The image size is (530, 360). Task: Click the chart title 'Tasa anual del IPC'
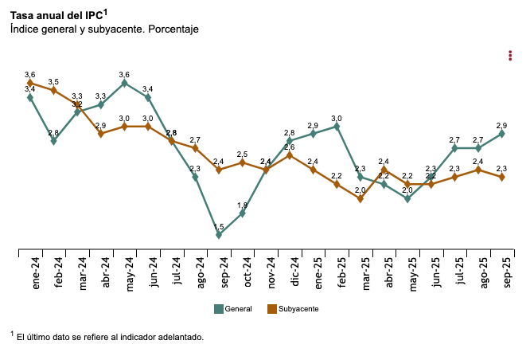pyautogui.click(x=57, y=14)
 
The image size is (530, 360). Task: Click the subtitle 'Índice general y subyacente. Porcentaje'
pyautogui.click(x=104, y=29)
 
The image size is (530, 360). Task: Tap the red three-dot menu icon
pyautogui.click(x=509, y=55)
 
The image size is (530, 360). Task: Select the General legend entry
pyautogui.click(x=233, y=308)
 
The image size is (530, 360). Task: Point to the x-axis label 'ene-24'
pyautogui.click(x=36, y=273)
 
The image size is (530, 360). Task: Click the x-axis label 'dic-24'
pyautogui.click(x=295, y=272)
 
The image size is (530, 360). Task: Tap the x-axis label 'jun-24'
pyautogui.click(x=154, y=272)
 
